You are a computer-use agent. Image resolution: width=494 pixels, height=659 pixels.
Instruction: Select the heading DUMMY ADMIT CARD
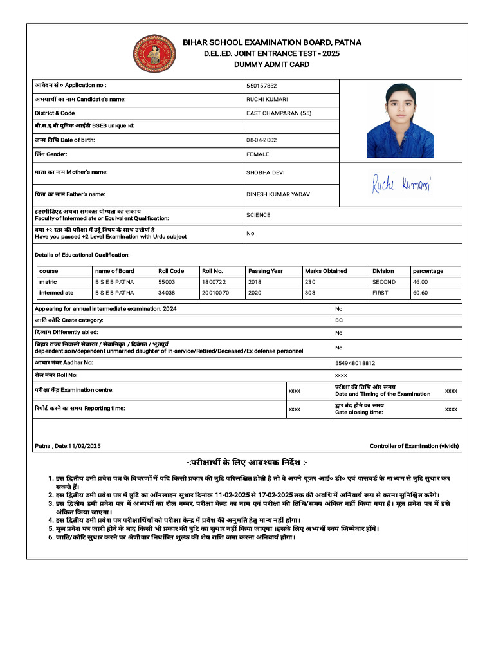tap(271, 64)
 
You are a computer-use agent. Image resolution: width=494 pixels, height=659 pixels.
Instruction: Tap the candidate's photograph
tap(399, 120)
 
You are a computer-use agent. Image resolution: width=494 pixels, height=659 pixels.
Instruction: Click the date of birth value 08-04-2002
tap(262, 140)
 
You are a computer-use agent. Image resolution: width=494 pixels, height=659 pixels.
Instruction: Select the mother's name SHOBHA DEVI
tap(266, 172)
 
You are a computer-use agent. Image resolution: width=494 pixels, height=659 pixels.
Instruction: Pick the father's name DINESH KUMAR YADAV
tap(278, 194)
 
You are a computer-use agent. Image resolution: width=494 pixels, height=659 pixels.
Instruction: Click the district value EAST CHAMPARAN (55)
tap(279, 113)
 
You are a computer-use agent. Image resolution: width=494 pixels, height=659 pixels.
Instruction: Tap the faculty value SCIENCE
tap(259, 215)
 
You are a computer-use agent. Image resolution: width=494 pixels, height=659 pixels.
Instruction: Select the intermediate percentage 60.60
tap(420, 293)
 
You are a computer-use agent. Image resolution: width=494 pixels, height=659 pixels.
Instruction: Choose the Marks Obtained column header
tap(325, 271)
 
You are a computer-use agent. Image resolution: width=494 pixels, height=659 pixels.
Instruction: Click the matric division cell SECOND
tap(384, 282)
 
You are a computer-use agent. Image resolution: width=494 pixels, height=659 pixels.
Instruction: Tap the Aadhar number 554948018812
tap(355, 363)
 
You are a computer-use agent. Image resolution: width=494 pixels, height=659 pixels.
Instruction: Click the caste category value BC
tap(339, 320)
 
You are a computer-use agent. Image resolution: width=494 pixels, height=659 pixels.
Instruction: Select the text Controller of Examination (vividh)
tap(414, 446)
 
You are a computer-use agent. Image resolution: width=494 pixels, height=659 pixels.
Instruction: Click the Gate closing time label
tap(359, 413)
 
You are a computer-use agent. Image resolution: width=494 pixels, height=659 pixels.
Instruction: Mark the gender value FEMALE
tap(258, 154)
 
